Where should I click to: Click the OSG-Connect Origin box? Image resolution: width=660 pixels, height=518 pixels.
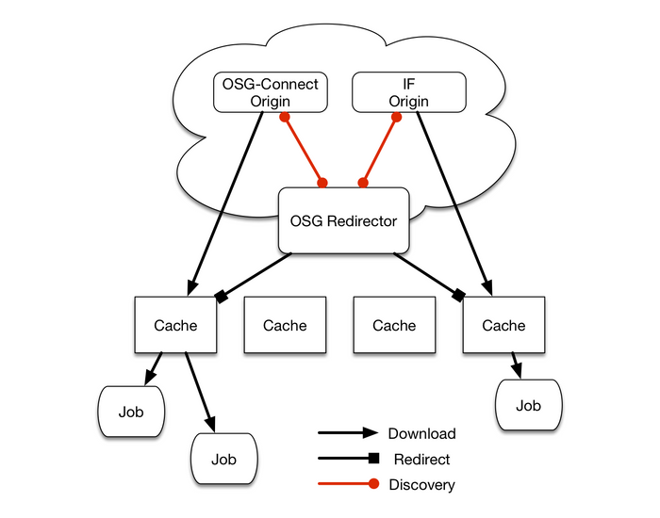coord(270,92)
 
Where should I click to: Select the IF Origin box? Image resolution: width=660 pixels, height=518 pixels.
coord(408,92)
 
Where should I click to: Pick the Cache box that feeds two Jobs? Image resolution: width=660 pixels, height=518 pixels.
coord(175,325)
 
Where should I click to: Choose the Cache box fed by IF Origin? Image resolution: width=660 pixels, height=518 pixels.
coord(503,325)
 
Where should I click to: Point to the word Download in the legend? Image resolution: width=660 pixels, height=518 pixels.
coord(421,434)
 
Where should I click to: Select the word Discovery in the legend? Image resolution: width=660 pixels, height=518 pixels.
coord(421,485)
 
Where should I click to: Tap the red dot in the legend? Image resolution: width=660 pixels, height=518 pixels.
coord(374,485)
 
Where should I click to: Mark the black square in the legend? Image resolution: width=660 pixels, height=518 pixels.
coord(374,460)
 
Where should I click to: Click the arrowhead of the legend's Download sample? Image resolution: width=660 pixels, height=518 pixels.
coord(372,434)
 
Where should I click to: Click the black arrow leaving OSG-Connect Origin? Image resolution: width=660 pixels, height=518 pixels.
coord(226,198)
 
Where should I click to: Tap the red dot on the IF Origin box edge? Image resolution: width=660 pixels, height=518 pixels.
coord(396,118)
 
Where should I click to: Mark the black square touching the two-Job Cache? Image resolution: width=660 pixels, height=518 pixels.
coord(223,297)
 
